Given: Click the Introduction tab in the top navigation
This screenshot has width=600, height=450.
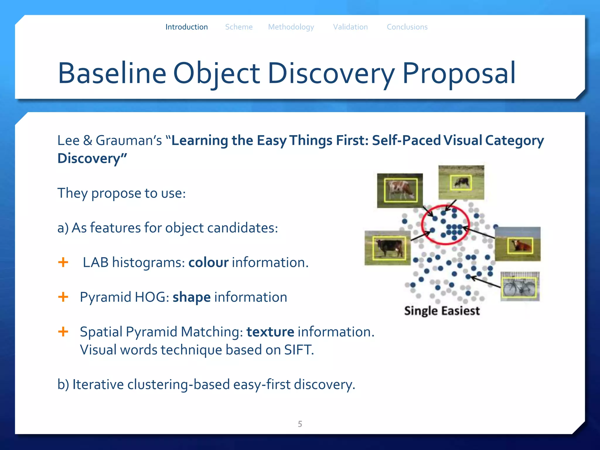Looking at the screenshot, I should click(186, 27).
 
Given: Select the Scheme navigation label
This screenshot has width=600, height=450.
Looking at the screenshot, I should click(238, 27).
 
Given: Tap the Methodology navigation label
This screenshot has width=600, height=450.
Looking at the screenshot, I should click(291, 27).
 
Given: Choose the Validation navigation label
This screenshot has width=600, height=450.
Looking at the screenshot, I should click(350, 27).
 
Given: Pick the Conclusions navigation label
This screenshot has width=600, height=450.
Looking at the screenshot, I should click(407, 27).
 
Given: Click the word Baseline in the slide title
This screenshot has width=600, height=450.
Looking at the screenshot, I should click(112, 73).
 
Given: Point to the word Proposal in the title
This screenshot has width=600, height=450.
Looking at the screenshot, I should click(459, 73).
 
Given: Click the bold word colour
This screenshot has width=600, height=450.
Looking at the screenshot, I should click(208, 262).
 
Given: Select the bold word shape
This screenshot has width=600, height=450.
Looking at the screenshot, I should click(191, 297).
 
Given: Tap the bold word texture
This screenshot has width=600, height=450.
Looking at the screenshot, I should click(270, 332).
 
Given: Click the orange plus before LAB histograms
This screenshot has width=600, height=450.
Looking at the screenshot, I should click(63, 262).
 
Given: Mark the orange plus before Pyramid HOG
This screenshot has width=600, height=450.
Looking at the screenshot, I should click(63, 297).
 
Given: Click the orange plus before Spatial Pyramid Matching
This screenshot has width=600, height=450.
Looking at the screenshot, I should click(63, 332).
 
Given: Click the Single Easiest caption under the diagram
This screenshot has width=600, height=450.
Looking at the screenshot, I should click(442, 311).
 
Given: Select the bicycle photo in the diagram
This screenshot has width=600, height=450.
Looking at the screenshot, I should click(520, 287).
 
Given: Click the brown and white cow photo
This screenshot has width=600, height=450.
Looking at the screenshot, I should click(400, 190).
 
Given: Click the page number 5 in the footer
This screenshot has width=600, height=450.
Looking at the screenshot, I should click(300, 424).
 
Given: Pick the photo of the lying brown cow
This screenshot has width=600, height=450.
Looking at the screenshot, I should click(518, 244).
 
